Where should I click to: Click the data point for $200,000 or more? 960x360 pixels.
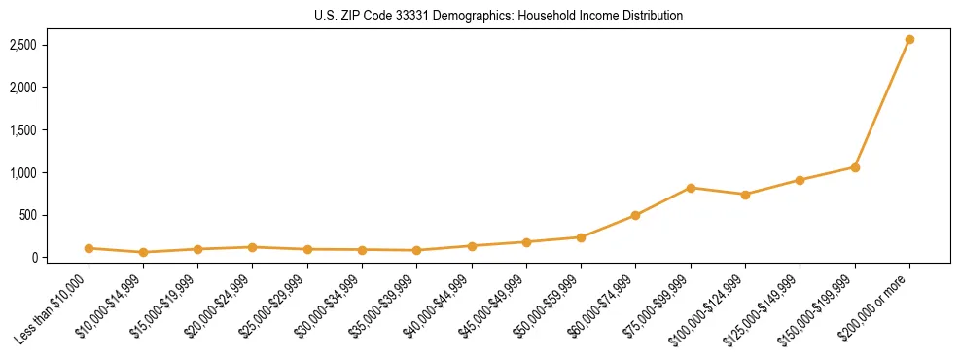(909, 39)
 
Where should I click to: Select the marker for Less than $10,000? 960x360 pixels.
(89, 248)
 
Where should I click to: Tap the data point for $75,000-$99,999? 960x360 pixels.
(691, 188)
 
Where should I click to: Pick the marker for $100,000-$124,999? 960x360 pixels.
(745, 195)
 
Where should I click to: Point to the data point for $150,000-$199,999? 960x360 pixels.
(855, 167)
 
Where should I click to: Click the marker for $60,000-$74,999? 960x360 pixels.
(636, 215)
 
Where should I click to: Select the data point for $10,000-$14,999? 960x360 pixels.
(143, 252)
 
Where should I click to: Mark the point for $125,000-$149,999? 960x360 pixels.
(800, 180)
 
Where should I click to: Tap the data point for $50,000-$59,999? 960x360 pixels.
(581, 237)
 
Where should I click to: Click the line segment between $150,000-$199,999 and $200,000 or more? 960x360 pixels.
(882, 103)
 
